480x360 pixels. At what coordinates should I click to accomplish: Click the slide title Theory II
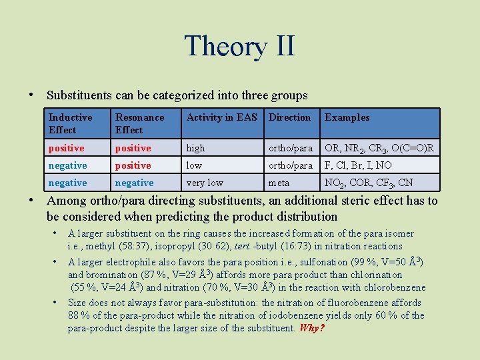pyautogui.click(x=239, y=46)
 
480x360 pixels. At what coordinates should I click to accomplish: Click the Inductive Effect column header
pyautogui.click(x=70, y=123)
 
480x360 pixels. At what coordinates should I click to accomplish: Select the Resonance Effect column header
pyautogui.click(x=139, y=123)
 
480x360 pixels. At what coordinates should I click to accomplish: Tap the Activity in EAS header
pyautogui.click(x=221, y=117)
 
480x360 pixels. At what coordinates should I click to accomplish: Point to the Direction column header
pyautogui.click(x=289, y=117)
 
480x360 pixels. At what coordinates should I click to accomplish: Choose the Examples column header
pyautogui.click(x=347, y=117)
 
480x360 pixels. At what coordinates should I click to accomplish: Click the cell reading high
pyautogui.click(x=196, y=148)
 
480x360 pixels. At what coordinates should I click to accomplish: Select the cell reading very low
pyautogui.click(x=205, y=183)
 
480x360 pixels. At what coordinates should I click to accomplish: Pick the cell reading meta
pyautogui.click(x=279, y=183)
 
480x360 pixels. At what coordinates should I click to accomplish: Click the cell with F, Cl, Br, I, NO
pyautogui.click(x=357, y=165)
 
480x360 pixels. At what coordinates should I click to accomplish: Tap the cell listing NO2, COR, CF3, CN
pyautogui.click(x=369, y=183)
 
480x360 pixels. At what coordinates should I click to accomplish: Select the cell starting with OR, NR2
pyautogui.click(x=379, y=148)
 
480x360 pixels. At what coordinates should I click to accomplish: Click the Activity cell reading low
pyautogui.click(x=194, y=165)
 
